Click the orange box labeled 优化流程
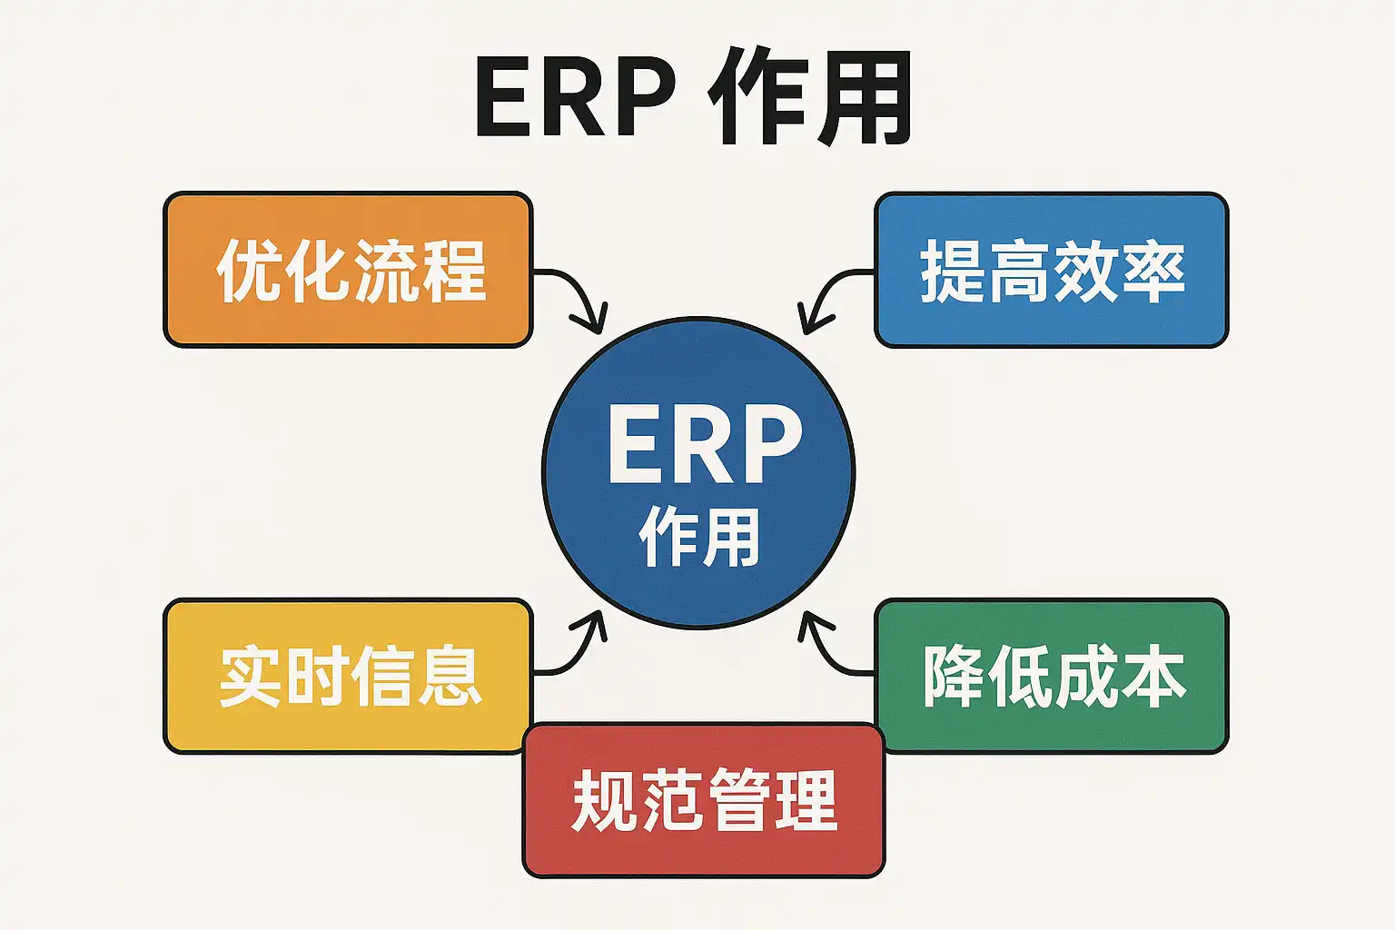coord(347,270)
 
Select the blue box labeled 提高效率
coord(1051,270)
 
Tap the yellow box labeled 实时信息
coord(347,676)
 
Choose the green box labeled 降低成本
coord(1051,676)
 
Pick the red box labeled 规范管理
coord(704,800)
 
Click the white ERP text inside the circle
coord(704,445)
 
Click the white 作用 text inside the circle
coord(699,538)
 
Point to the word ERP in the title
coord(575,98)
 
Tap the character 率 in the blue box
coord(1153,271)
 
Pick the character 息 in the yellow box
coord(449,677)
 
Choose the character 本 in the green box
coord(1153,677)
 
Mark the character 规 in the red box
coord(604,800)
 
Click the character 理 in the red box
coord(805,800)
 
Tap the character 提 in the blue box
coord(953,271)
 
